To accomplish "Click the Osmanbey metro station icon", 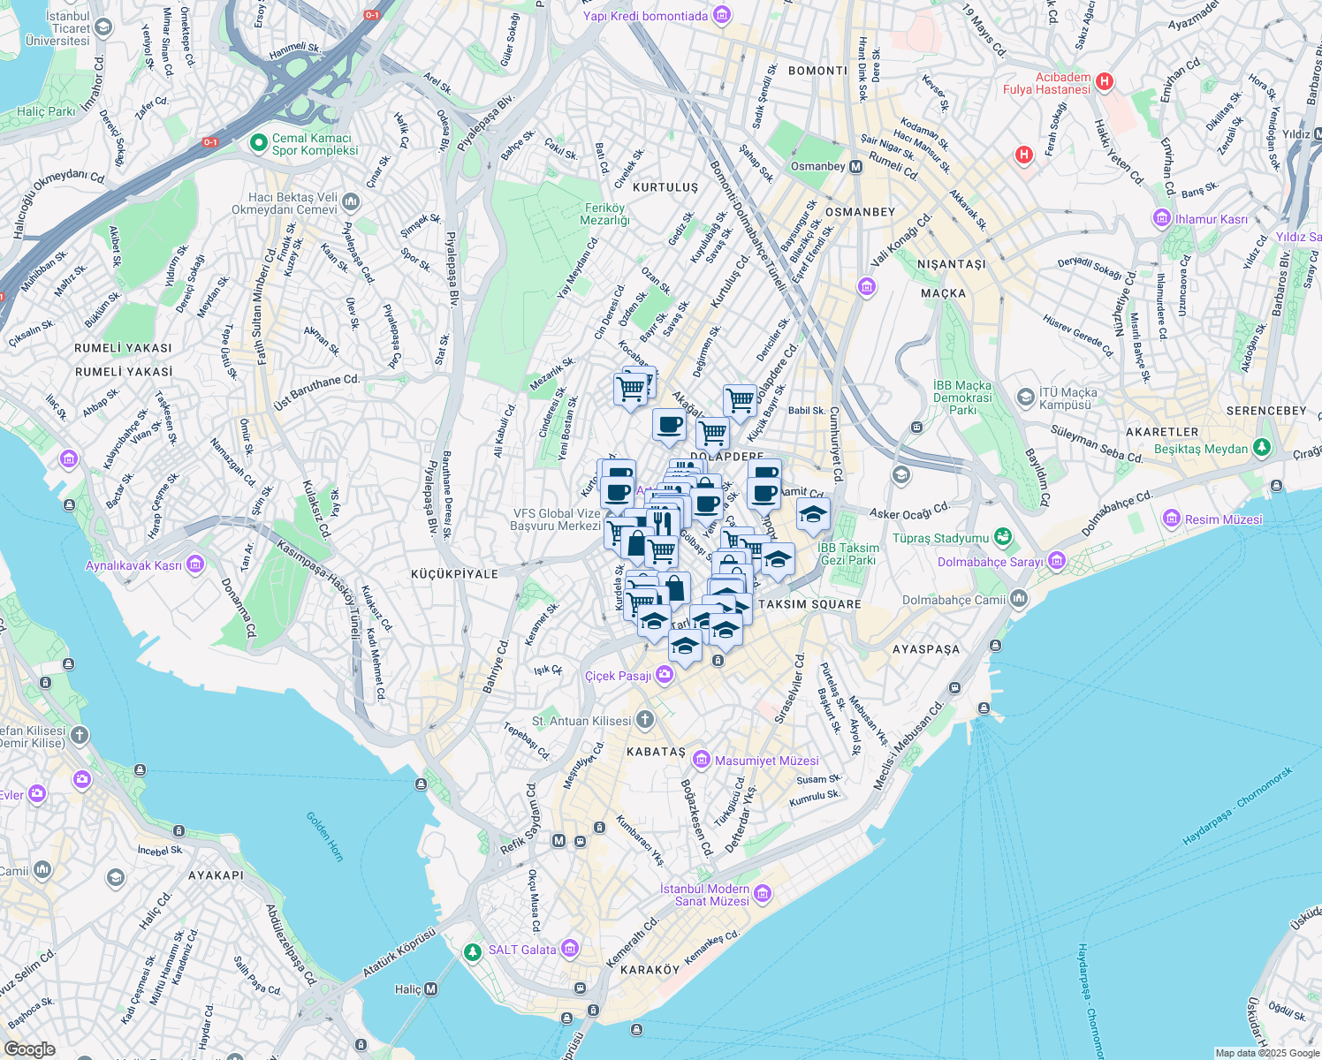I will pos(855,166).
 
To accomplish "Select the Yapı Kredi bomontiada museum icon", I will pos(722,15).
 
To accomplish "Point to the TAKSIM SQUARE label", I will pos(809,604).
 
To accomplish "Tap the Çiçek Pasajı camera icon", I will pos(664,676).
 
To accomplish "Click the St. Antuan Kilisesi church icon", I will pos(645,720).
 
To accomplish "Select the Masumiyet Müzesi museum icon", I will pos(702,760).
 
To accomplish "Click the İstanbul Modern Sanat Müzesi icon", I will pos(762,894).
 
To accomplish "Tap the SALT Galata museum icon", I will pos(570,950).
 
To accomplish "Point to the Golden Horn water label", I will pos(324,837).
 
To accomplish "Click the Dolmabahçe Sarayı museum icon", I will pos(1057,562).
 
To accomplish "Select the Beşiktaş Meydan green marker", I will pos(1262,449).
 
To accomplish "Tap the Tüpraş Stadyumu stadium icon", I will pos(1002,537).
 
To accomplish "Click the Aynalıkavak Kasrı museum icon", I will pos(195,564).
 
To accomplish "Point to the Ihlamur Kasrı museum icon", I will pos(1161,218).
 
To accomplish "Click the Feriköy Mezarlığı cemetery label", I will pos(604,214).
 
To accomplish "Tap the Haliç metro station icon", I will pos(430,989).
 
